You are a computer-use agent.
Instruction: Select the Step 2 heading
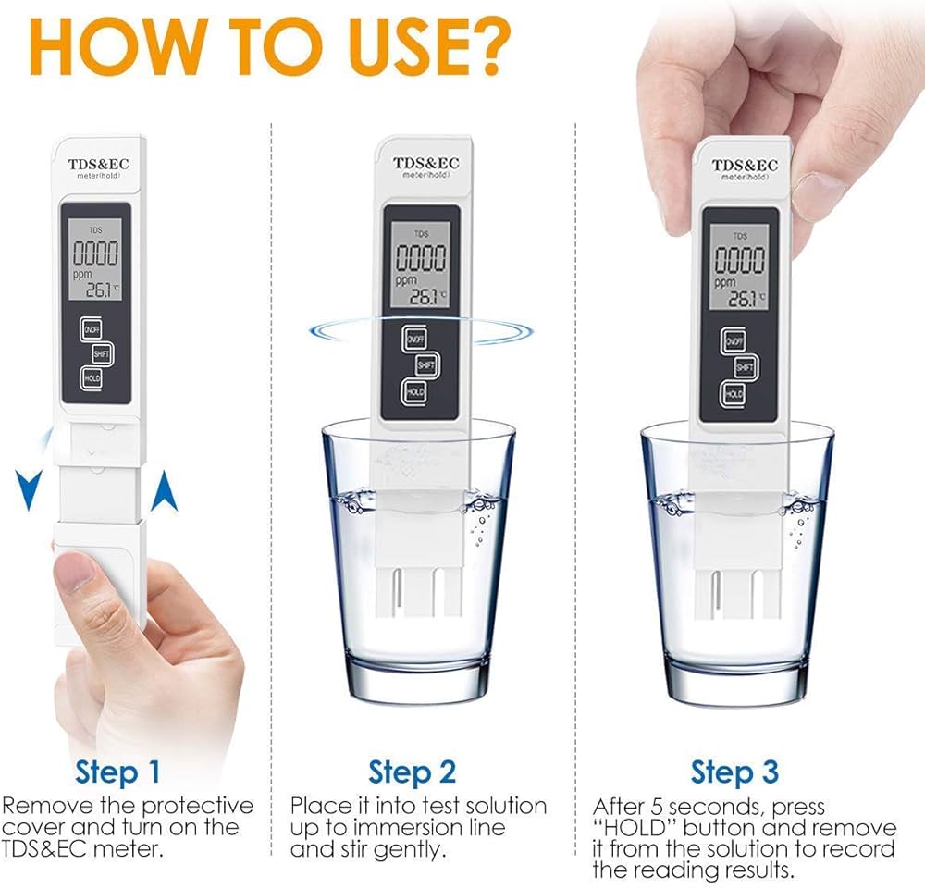pyautogui.click(x=413, y=772)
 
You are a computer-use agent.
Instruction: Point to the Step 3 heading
pyautogui.click(x=734, y=772)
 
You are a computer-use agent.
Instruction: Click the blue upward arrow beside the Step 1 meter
pyautogui.click(x=165, y=491)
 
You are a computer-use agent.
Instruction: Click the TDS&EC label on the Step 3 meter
pyautogui.click(x=745, y=166)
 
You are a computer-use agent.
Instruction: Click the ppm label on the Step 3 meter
pyautogui.click(x=724, y=281)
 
